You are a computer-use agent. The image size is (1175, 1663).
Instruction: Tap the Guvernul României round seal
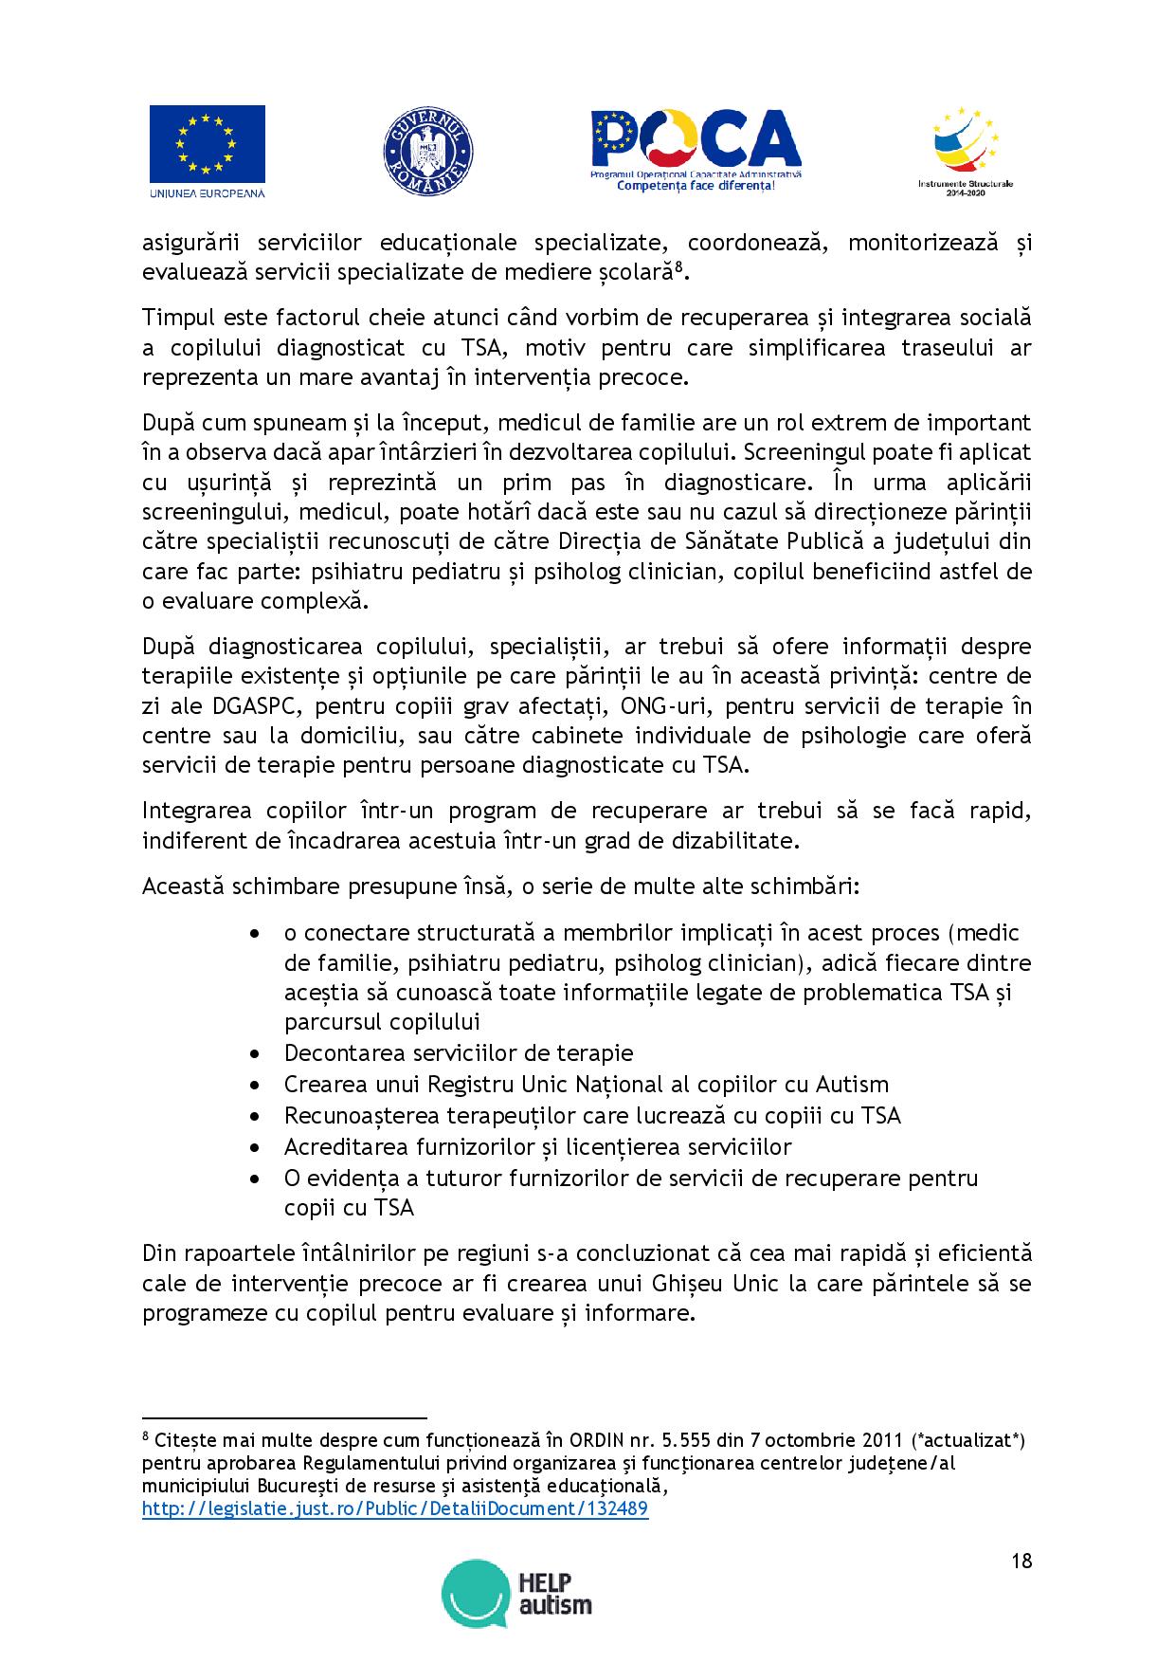[427, 152]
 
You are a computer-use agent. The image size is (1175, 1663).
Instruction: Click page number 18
[1021, 1562]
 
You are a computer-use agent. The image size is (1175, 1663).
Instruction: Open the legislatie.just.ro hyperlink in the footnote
[395, 1508]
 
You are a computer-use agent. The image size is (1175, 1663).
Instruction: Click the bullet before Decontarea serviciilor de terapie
[255, 1054]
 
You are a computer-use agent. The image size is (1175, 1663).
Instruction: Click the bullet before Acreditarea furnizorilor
[255, 1147]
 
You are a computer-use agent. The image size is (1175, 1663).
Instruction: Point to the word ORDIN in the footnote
[603, 1440]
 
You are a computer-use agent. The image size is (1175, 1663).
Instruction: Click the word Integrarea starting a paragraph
[196, 811]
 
